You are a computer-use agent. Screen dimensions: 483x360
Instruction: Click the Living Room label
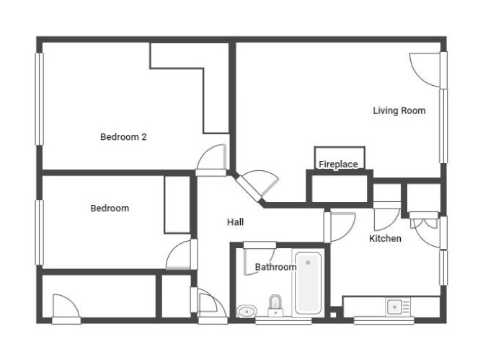(x=399, y=110)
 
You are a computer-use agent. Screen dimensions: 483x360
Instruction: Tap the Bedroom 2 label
(x=123, y=137)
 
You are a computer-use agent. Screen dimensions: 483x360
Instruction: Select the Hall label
(x=235, y=222)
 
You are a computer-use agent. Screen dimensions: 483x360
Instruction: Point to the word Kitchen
(x=385, y=238)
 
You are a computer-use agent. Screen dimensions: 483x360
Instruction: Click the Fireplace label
(x=338, y=164)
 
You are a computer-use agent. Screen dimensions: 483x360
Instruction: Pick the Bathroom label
(x=275, y=267)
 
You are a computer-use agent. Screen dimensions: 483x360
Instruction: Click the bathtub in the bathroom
(x=308, y=283)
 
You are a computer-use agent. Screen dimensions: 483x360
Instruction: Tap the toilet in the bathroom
(x=275, y=306)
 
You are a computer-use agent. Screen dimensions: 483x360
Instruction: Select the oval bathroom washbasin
(x=247, y=311)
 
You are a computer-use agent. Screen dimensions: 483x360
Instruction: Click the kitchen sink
(x=394, y=307)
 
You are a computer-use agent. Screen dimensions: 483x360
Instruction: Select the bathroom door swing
(x=260, y=259)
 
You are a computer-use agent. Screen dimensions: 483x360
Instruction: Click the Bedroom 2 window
(x=39, y=99)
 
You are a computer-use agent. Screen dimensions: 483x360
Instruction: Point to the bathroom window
(x=283, y=322)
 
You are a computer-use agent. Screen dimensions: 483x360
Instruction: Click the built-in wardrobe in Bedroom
(x=177, y=205)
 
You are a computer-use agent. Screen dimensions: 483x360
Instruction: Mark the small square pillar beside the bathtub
(x=333, y=315)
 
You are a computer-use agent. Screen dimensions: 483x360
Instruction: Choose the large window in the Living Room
(x=443, y=126)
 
